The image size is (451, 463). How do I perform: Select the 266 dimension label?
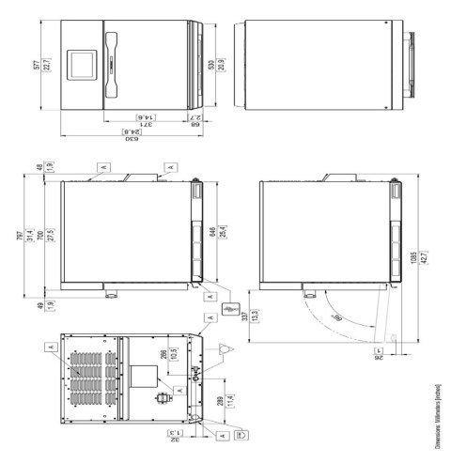coord(162,356)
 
